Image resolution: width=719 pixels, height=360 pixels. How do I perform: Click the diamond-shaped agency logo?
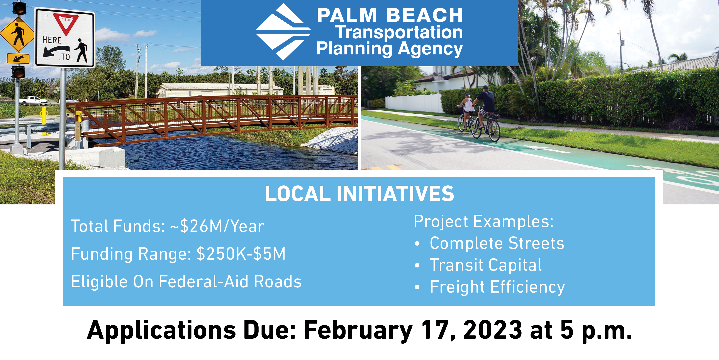click(283, 32)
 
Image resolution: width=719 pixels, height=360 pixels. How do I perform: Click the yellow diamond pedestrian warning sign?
click(17, 34)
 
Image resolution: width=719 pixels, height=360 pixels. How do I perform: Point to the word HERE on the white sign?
click(52, 40)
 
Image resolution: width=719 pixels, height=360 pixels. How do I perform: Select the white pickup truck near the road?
click(33, 100)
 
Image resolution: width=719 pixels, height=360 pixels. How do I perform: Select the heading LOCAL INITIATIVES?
click(359, 194)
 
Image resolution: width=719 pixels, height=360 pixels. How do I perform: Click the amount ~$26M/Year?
click(217, 226)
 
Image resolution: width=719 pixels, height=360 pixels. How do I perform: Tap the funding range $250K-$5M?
click(241, 254)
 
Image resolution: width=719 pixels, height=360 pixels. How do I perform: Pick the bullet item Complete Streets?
click(497, 243)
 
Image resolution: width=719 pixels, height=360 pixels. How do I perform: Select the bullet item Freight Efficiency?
click(497, 287)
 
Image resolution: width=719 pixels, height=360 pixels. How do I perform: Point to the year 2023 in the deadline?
click(493, 330)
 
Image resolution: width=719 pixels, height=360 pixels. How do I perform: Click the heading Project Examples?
click(483, 222)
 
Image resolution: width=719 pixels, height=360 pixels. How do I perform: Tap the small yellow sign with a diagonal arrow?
click(18, 58)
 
